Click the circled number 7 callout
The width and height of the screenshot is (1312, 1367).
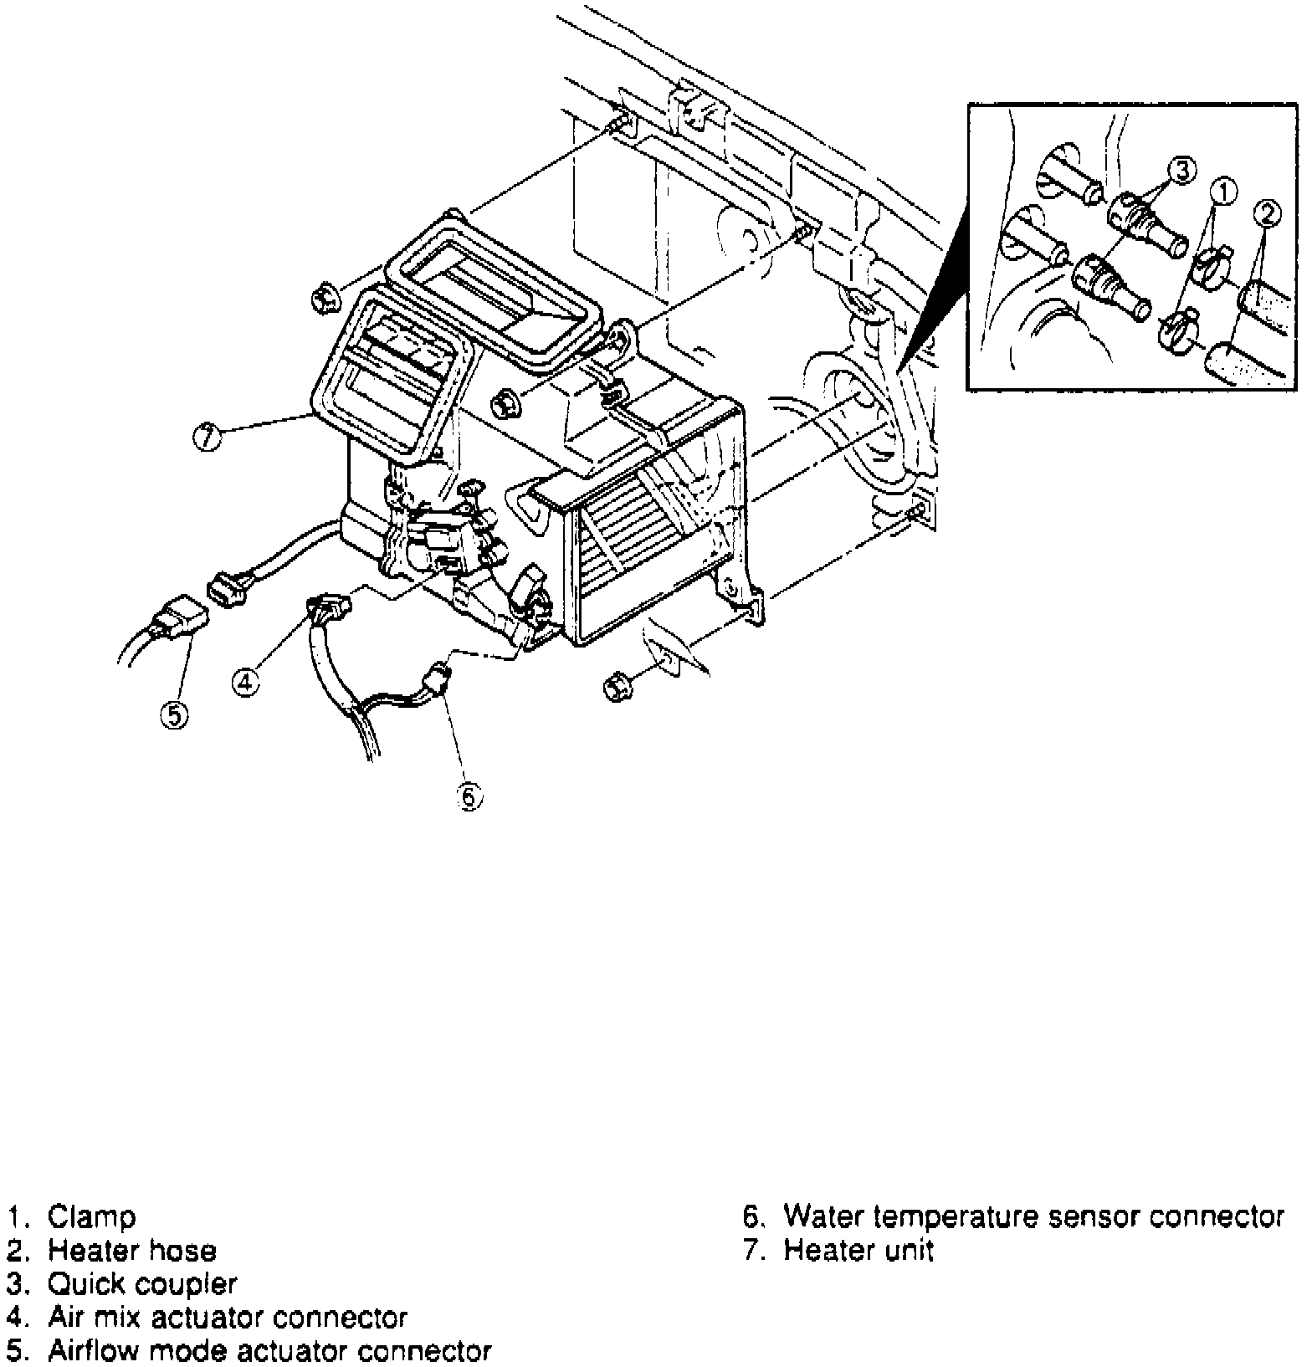pyautogui.click(x=206, y=438)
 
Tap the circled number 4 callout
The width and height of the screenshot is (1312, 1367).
pyautogui.click(x=244, y=683)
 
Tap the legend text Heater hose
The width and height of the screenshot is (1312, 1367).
pyautogui.click(x=132, y=1250)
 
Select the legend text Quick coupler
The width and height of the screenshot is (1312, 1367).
pyautogui.click(x=142, y=1283)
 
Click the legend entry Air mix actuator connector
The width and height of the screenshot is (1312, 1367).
pyautogui.click(x=228, y=1318)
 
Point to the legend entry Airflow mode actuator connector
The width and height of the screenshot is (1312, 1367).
pyautogui.click(x=269, y=1351)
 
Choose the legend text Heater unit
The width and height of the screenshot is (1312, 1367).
pyautogui.click(x=858, y=1250)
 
